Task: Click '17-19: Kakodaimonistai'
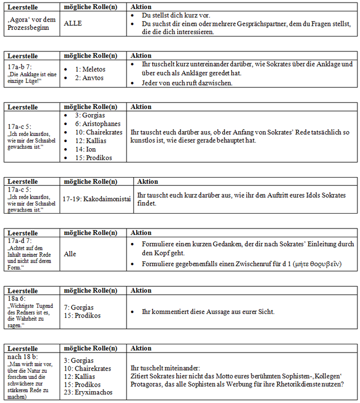[97, 198]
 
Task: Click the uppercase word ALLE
[73, 23]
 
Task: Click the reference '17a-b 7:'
[20, 67]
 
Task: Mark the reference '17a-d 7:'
[20, 240]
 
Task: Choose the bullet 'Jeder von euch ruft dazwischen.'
[187, 83]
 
